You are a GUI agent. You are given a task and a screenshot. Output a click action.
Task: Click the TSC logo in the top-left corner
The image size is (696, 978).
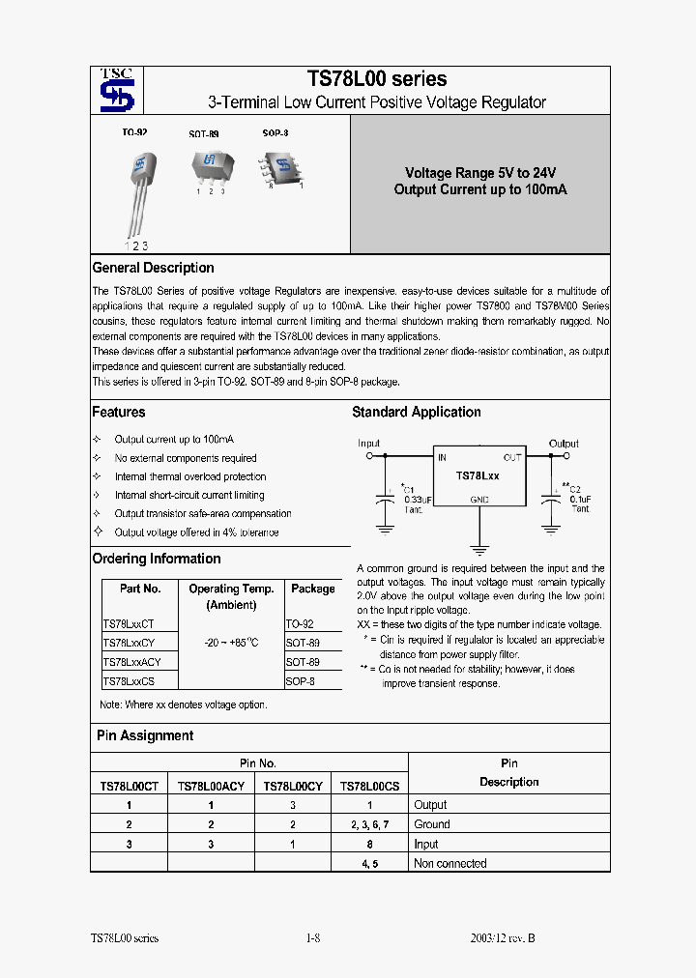(x=117, y=91)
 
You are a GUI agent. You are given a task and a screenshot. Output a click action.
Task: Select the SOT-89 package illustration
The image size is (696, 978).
(x=210, y=168)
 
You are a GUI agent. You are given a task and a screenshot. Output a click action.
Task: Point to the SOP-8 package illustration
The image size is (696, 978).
(x=281, y=166)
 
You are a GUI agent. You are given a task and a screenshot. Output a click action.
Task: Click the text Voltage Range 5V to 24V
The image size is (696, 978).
(x=480, y=173)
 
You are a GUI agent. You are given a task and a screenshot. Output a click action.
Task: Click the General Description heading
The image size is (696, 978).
(x=153, y=268)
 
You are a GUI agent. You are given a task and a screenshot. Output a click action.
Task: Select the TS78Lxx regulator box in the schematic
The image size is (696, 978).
(x=478, y=476)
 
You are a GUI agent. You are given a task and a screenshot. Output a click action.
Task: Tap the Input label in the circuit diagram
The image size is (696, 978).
(x=369, y=444)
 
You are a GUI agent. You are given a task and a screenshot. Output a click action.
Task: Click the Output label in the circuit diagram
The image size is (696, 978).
(x=564, y=444)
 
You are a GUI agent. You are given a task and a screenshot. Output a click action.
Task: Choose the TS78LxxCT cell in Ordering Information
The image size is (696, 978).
(x=129, y=624)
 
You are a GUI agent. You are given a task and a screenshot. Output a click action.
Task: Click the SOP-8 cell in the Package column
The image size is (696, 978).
(x=300, y=681)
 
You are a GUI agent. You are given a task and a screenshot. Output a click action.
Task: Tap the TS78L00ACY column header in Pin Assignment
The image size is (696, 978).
(x=211, y=787)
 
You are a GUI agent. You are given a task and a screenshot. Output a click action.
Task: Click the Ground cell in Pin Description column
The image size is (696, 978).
(x=431, y=824)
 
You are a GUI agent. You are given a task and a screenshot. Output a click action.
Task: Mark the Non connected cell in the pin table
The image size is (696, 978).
(x=449, y=863)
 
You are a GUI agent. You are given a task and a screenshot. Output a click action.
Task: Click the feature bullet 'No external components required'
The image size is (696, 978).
(x=186, y=458)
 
